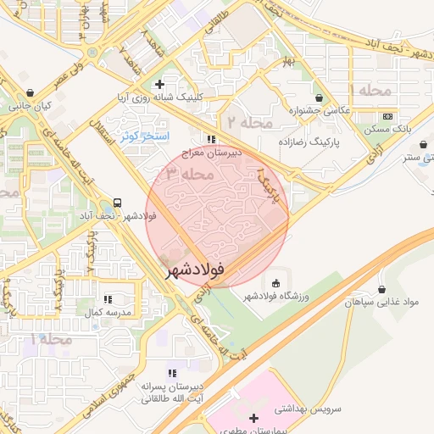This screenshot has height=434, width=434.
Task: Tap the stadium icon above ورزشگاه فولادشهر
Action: pyautogui.click(x=275, y=282)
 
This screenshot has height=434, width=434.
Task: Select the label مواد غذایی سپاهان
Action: pyautogui.click(x=381, y=302)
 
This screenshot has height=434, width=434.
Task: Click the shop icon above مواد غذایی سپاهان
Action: pyautogui.click(x=381, y=289)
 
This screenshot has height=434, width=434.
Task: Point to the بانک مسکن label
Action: pyautogui.click(x=387, y=129)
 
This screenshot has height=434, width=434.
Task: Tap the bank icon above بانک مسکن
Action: pyautogui.click(x=387, y=116)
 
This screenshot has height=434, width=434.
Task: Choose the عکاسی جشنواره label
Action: pyautogui.click(x=318, y=110)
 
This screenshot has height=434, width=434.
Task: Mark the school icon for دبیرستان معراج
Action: pyautogui.click(x=210, y=139)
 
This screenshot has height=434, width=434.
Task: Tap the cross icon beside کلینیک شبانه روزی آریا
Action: pyautogui.click(x=159, y=84)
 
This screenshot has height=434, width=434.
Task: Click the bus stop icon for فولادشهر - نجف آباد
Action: pyautogui.click(x=117, y=203)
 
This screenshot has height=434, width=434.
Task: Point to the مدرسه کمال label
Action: pyautogui.click(x=108, y=313)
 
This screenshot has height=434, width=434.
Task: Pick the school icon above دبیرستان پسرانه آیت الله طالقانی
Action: pyautogui.click(x=173, y=373)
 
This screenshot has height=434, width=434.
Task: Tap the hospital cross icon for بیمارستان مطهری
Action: pyautogui.click(x=254, y=418)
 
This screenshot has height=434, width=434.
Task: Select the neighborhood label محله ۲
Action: pyautogui.click(x=247, y=123)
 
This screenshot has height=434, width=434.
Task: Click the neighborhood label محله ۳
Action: pyautogui.click(x=184, y=174)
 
